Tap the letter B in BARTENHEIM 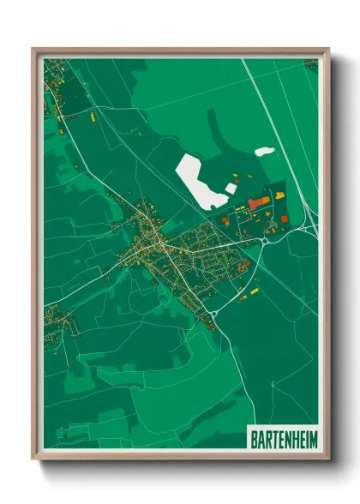253,437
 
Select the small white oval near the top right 264,152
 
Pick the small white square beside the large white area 230,186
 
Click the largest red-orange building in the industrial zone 258,203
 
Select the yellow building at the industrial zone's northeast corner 280,196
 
